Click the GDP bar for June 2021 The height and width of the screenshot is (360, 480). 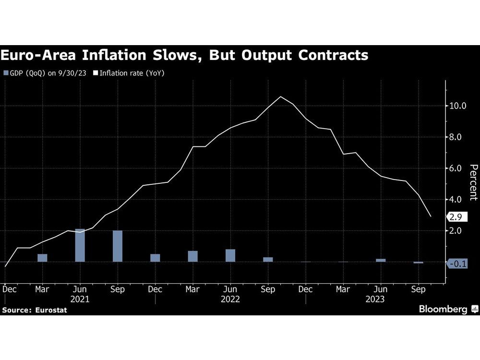(x=80, y=245)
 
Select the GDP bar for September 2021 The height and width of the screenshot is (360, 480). (x=118, y=246)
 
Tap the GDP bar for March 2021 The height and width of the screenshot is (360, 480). (x=42, y=258)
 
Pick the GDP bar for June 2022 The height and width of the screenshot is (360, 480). (x=230, y=255)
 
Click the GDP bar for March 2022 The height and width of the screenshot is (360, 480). (x=192, y=256)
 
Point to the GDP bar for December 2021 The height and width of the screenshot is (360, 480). (x=155, y=258)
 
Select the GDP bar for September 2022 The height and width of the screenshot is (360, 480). (x=268, y=259)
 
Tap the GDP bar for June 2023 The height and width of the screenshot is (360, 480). (x=381, y=260)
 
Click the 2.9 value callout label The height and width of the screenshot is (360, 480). (x=456, y=217)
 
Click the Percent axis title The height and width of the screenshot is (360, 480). (x=473, y=182)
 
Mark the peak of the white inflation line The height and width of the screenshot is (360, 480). (x=281, y=97)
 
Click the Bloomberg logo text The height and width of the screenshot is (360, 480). (x=443, y=309)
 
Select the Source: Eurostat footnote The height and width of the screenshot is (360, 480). (x=35, y=310)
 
